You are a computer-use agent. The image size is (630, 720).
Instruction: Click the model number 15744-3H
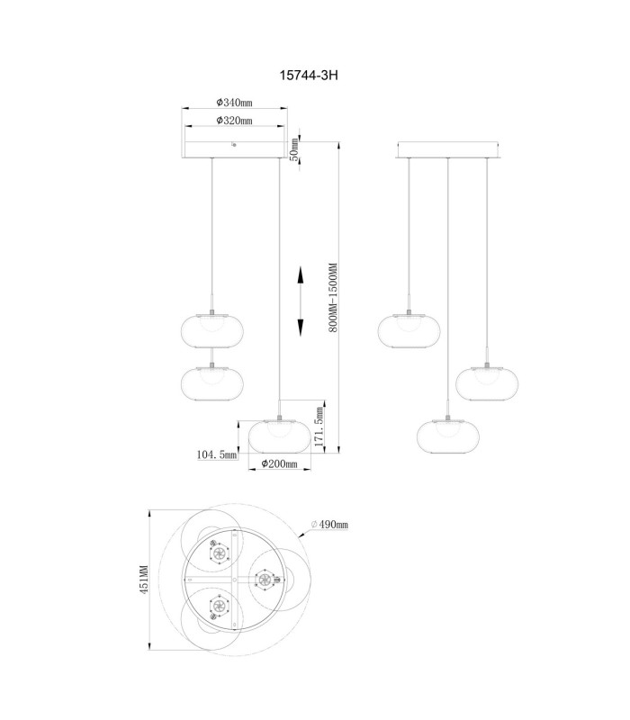(309, 75)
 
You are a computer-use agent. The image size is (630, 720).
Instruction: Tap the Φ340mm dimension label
(235, 102)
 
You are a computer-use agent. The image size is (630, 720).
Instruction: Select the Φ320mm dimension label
(235, 121)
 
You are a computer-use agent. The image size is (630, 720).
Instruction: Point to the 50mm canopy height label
(295, 149)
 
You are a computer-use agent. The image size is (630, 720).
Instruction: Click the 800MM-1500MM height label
(333, 298)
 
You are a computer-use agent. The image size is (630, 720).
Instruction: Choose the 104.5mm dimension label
(217, 454)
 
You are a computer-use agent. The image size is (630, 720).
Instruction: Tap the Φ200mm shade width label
(280, 463)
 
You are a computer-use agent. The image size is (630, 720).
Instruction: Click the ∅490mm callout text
(329, 524)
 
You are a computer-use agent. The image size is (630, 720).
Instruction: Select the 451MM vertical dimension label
(144, 580)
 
